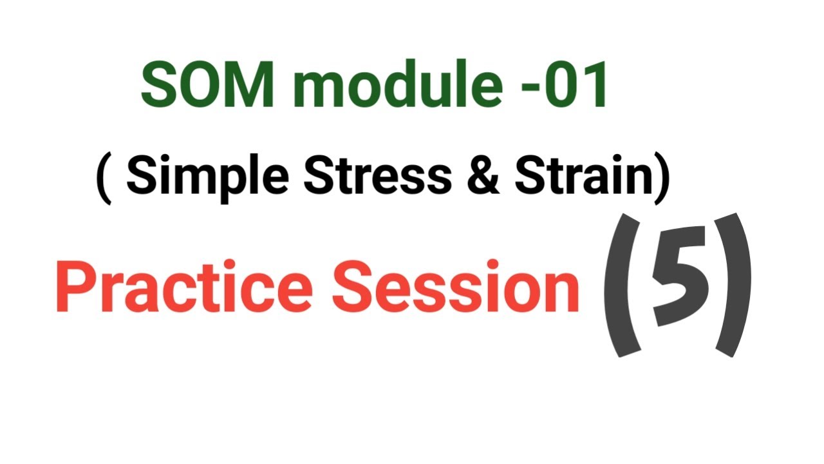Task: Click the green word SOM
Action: coord(205,85)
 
